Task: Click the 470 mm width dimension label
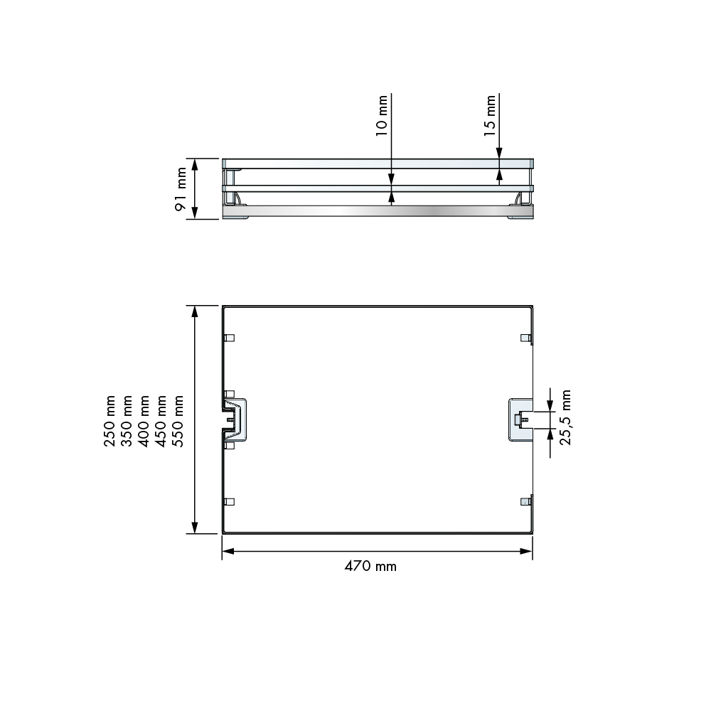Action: [x=370, y=567]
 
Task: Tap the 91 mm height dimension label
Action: [x=181, y=189]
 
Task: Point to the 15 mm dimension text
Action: [x=489, y=115]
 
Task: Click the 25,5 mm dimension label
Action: [x=566, y=417]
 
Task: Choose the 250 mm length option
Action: [x=110, y=421]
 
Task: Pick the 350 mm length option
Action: [x=127, y=421]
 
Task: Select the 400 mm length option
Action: [x=144, y=421]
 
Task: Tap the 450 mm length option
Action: [x=161, y=421]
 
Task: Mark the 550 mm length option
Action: [x=178, y=421]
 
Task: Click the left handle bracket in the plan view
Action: [x=236, y=419]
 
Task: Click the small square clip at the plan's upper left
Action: [x=229, y=338]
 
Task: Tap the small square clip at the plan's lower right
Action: [x=525, y=501]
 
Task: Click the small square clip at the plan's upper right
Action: [x=525, y=337]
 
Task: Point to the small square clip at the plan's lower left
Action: [x=229, y=501]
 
